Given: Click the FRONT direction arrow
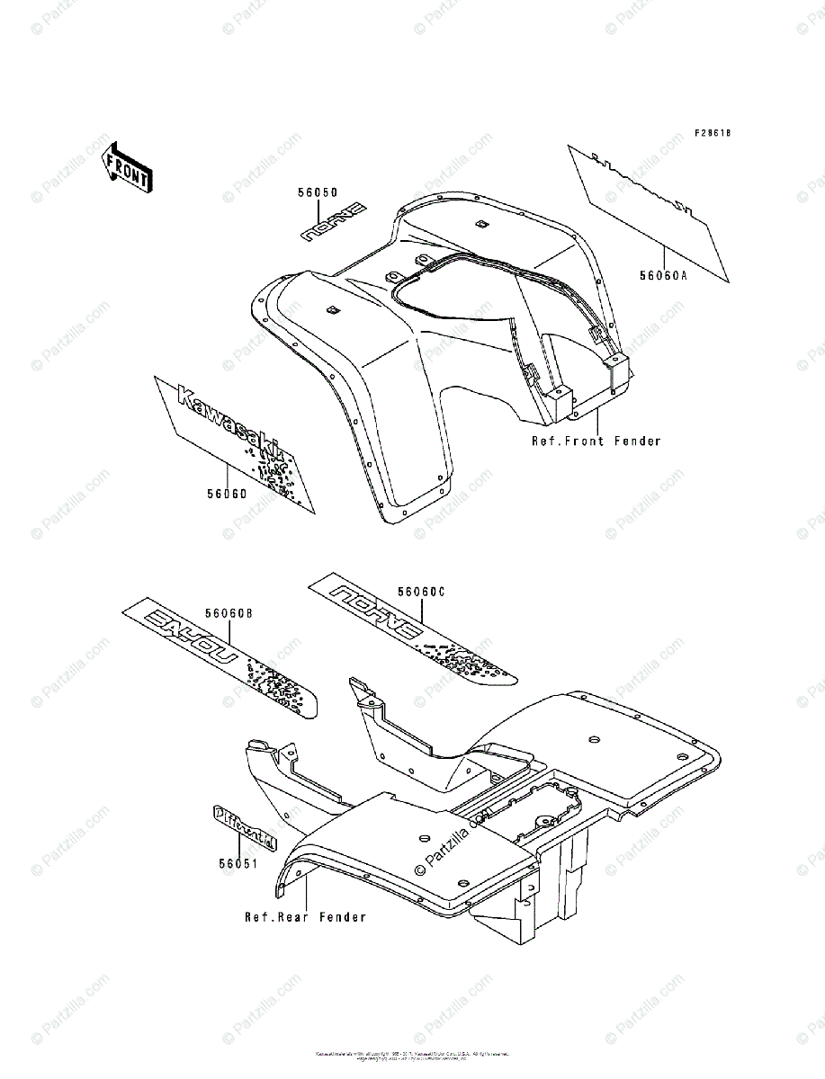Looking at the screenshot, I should pos(126,167).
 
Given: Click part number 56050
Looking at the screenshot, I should pos(318,192).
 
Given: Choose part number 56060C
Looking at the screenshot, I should pos(422,592).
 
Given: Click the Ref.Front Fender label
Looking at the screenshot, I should pos(596,441).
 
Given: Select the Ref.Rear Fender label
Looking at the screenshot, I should pos(306,917).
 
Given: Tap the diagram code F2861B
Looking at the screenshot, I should pos(713,133).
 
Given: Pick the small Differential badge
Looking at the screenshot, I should pos(245,825).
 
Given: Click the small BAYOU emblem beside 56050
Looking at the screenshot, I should pos(334,222).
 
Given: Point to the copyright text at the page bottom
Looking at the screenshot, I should pos(412,1056).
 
